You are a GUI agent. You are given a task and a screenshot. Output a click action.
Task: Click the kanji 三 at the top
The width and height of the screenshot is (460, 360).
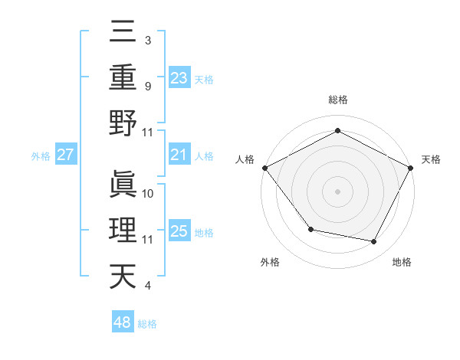click(123, 31)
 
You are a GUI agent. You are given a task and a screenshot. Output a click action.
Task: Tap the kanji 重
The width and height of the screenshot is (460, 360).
click(123, 77)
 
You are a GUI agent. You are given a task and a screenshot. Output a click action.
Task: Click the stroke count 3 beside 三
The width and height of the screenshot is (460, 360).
click(148, 39)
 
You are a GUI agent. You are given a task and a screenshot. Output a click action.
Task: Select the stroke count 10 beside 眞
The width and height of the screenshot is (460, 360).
click(149, 193)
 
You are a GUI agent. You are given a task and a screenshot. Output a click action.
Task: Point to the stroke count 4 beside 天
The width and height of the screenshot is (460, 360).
click(148, 286)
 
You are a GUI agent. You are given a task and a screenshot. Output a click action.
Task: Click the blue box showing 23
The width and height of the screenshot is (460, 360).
click(179, 77)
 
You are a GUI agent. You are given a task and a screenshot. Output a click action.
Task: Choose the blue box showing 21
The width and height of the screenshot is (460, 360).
click(179, 155)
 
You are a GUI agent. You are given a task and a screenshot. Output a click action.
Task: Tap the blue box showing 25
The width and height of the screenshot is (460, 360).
click(179, 231)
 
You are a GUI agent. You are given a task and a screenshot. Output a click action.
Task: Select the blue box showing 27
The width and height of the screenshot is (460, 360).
click(66, 155)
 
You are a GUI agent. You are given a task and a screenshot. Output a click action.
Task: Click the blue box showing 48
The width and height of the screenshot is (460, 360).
click(123, 322)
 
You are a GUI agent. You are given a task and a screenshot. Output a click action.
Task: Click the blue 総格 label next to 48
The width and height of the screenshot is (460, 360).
click(147, 324)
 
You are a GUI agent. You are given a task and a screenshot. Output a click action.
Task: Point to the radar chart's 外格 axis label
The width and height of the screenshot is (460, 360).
click(270, 262)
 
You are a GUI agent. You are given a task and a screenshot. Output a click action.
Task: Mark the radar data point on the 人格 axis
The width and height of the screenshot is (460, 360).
click(264, 167)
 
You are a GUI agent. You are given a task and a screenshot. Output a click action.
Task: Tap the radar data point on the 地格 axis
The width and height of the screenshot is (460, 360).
click(374, 242)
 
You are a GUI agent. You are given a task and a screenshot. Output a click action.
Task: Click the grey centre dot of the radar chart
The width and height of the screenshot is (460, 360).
click(337, 190)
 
